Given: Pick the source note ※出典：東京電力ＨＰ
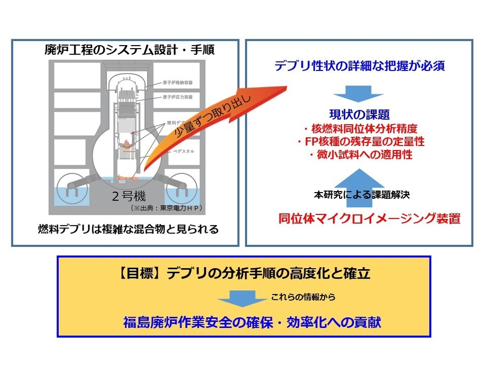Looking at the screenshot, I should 162,208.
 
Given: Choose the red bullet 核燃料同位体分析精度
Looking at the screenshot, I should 360,128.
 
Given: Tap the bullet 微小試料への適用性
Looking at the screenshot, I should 360,154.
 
